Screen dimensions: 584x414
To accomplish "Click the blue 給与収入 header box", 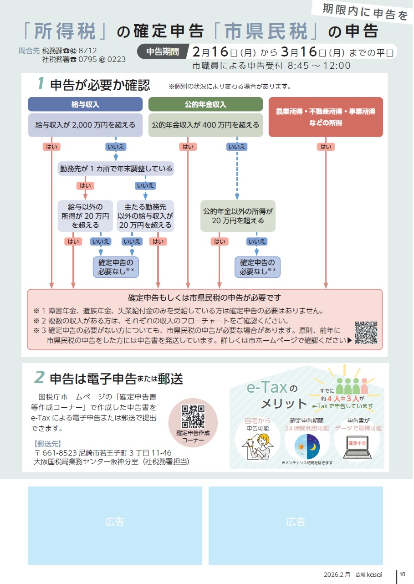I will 86,104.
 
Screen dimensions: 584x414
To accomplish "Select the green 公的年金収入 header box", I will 205,104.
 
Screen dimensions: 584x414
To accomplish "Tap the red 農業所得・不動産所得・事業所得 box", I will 326,117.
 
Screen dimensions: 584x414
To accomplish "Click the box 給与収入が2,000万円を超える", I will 86,125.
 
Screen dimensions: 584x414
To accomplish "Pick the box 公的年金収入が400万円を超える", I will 205,125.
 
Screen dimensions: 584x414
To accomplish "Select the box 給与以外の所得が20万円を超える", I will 85,216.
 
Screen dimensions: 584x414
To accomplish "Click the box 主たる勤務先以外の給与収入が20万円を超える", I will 145,216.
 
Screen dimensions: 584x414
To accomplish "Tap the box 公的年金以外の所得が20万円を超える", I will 238,216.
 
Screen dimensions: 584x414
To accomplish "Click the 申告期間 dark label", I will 163,52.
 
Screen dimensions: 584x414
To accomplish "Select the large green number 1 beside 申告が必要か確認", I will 41,84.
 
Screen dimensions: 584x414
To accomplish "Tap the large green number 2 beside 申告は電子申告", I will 40,377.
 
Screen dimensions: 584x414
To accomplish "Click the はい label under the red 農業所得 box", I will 326,147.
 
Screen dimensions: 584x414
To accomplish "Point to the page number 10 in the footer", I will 402,574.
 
